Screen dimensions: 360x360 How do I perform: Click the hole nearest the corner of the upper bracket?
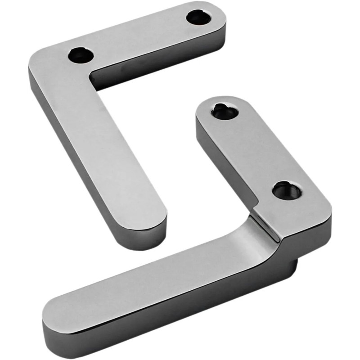[81, 55]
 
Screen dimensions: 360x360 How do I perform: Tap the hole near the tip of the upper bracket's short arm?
[198, 18]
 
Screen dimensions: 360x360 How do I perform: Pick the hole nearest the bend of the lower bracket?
[287, 191]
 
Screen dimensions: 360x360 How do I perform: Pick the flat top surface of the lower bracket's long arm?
[148, 279]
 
